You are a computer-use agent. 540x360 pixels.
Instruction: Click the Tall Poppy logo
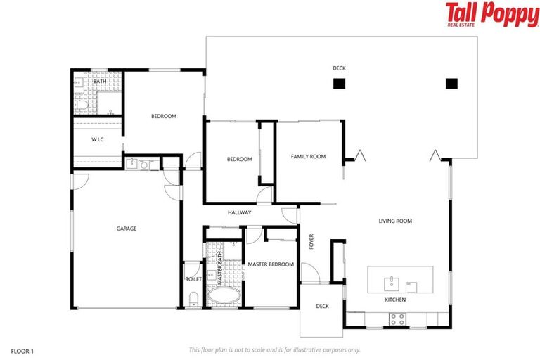pyautogui.click(x=491, y=15)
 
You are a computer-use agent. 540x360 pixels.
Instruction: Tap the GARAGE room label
pyautogui.click(x=127, y=229)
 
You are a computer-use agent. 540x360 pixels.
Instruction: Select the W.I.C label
pyautogui.click(x=98, y=140)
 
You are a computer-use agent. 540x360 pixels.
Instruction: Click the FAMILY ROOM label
pyautogui.click(x=308, y=156)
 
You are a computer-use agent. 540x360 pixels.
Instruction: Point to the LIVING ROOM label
pyautogui.click(x=395, y=221)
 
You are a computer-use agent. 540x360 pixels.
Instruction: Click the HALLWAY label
pyautogui.click(x=239, y=212)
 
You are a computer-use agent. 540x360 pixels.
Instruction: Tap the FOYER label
pyautogui.click(x=311, y=241)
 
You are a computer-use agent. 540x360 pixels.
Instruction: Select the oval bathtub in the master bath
pyautogui.click(x=224, y=296)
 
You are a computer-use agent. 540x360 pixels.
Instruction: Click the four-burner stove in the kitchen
pyautogui.click(x=397, y=318)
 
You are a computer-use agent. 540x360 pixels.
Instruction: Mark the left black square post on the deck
pyautogui.click(x=339, y=84)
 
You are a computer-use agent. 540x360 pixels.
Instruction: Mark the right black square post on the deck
pyautogui.click(x=451, y=84)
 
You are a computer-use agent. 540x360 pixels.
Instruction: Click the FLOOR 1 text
pyautogui.click(x=22, y=349)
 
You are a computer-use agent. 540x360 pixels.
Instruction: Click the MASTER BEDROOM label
pyautogui.click(x=271, y=264)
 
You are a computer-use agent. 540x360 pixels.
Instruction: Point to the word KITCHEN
pyautogui.click(x=394, y=300)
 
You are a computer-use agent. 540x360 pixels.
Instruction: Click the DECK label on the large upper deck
pyautogui.click(x=340, y=68)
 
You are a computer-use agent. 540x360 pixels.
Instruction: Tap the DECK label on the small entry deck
pyautogui.click(x=322, y=306)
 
